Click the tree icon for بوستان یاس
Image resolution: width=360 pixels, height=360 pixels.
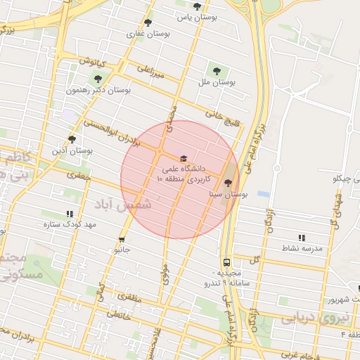tap(198, 6)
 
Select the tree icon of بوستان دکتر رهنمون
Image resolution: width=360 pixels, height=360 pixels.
tap(98, 79)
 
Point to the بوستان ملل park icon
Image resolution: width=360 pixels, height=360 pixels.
tap(216, 70)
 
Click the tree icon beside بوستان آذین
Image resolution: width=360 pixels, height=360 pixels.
tap(72, 139)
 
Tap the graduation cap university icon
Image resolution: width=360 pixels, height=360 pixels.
tap(184, 159)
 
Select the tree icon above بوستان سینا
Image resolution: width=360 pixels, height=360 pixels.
tap(226, 181)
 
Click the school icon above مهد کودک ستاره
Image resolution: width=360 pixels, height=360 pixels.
tap(69, 213)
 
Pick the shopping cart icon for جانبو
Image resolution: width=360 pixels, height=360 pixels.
tap(122, 239)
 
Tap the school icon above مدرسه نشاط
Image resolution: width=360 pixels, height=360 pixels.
tap(302, 238)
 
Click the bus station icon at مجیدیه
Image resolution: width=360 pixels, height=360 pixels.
tap(226, 261)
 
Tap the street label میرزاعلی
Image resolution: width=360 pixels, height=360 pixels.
tap(150, 72)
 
